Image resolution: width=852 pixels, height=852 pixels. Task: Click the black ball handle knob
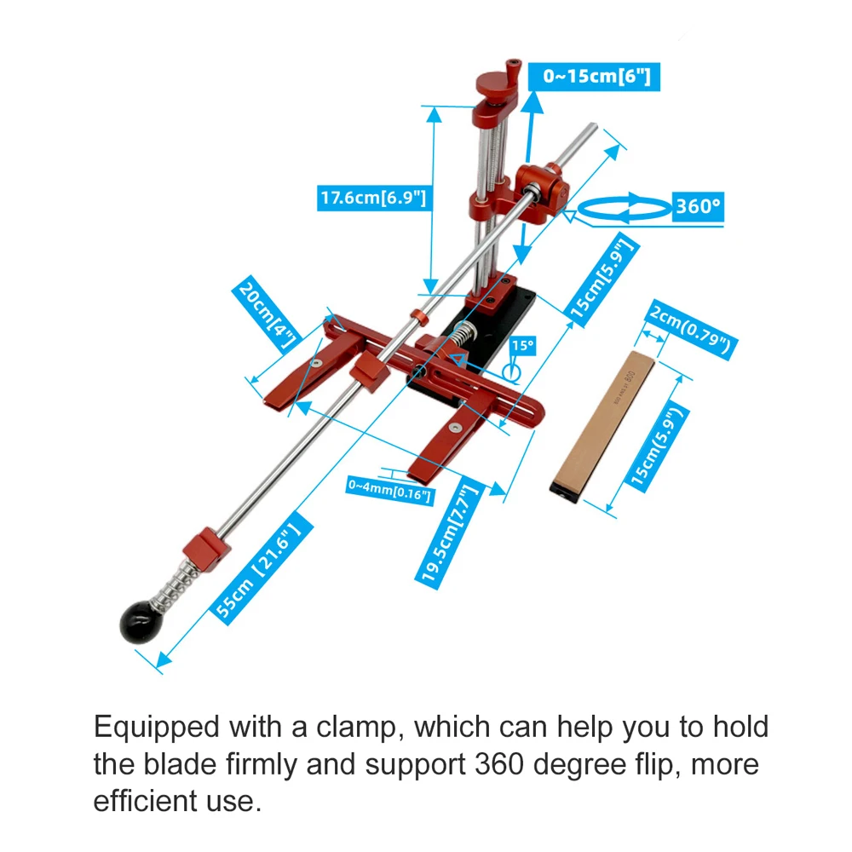(140, 622)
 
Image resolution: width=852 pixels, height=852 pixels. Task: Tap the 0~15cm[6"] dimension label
(595, 76)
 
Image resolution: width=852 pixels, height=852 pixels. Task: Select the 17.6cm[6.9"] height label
(372, 198)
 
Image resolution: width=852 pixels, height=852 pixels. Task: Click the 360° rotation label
(698, 206)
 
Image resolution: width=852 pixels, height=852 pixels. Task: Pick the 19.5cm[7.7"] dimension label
(449, 532)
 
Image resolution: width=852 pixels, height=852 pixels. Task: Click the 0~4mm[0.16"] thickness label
(389, 490)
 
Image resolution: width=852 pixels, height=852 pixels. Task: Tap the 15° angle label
(523, 346)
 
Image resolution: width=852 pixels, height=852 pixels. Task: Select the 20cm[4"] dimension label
(266, 315)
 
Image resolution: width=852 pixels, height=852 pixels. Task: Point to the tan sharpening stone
(602, 427)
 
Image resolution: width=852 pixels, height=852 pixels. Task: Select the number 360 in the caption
(499, 763)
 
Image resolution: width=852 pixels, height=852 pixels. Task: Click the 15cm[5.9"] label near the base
(602, 279)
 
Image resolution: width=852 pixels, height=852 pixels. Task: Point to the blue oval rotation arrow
(625, 208)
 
